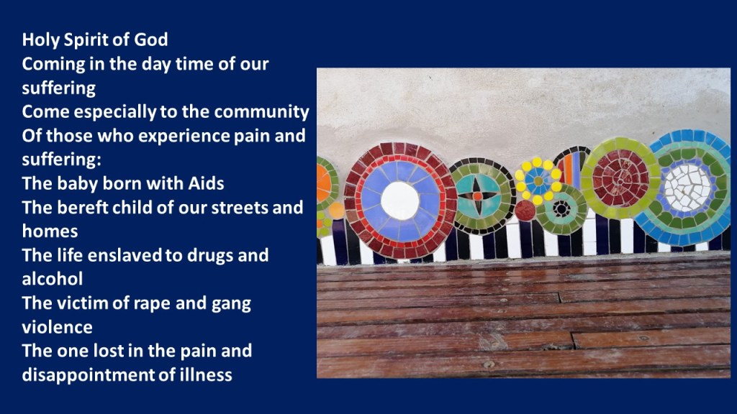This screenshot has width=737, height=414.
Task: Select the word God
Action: click(151, 40)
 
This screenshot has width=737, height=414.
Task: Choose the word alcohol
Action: click(53, 279)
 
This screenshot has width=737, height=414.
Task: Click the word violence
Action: click(58, 327)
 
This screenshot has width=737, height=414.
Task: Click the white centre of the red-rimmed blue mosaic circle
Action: click(399, 201)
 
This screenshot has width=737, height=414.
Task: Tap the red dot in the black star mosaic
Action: click(477, 196)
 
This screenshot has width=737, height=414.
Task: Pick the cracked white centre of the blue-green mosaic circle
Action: click(687, 188)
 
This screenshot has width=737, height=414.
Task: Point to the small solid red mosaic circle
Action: click(525, 211)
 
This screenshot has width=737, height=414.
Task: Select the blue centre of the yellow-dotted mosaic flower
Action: click(538, 180)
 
